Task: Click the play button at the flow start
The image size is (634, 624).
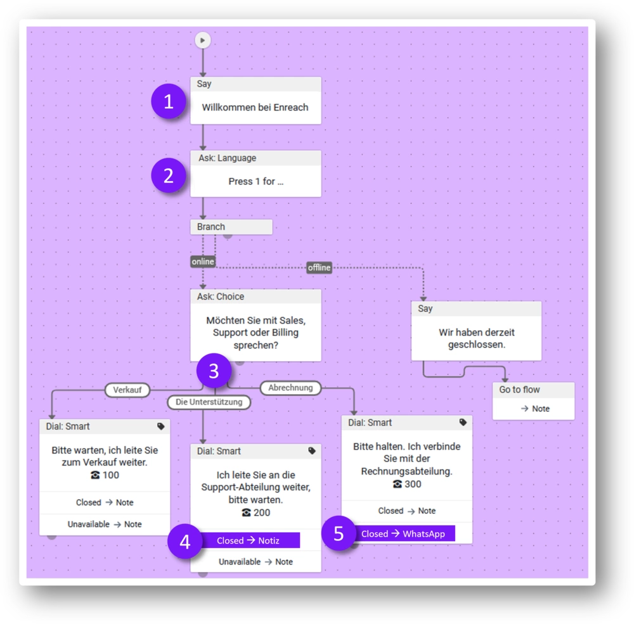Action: [202, 41]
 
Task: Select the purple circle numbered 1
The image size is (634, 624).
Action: [168, 101]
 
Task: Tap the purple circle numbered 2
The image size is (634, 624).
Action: [168, 175]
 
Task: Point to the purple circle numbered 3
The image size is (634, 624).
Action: [213, 371]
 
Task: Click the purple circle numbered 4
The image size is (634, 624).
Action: [184, 542]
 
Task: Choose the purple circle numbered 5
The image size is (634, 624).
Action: [339, 533]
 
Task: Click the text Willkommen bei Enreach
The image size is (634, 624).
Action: [255, 108]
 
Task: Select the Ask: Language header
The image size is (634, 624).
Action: [256, 158]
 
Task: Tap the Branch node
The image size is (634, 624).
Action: [231, 227]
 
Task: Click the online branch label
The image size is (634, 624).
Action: [203, 262]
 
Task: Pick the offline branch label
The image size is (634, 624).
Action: [319, 267]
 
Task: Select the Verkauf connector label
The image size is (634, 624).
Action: [127, 390]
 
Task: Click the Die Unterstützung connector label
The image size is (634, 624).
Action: [209, 402]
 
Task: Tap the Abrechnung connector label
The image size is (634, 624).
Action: [290, 388]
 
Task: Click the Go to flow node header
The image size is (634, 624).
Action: [533, 390]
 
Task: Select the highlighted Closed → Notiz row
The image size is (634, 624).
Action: [249, 540]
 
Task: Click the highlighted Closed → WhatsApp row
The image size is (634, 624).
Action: [403, 534]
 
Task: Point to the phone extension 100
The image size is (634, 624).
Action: [105, 475]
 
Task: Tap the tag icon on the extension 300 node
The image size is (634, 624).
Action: [463, 422]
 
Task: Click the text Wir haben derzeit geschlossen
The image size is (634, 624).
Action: [477, 339]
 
